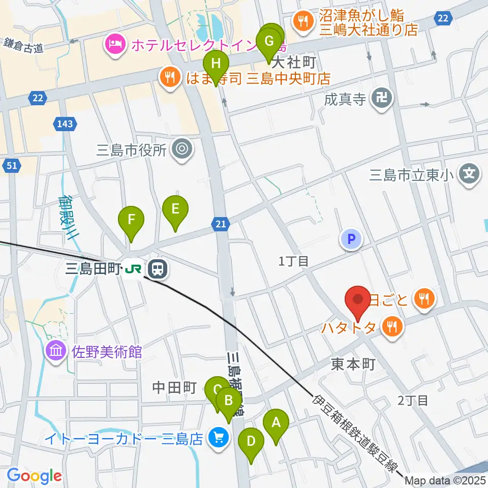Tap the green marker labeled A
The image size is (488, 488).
276,422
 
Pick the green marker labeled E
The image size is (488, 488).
175,209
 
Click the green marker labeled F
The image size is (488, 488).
131,220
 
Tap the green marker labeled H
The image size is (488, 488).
216,65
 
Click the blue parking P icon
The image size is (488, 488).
351,238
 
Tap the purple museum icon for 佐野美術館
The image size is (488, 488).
55,351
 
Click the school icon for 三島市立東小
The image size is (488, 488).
469,175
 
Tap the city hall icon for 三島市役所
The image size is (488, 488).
181,149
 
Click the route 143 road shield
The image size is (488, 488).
65,124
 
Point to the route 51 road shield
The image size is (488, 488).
11,165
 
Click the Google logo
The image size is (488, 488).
34,476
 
